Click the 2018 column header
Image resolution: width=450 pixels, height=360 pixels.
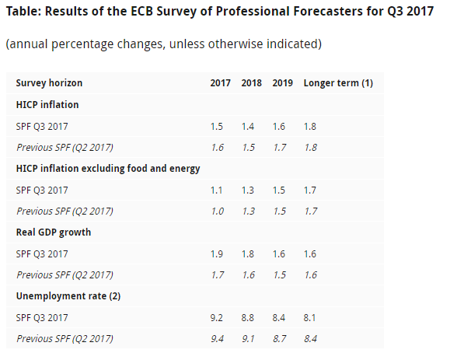point(251,83)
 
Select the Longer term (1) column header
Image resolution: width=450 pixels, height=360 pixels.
point(338,83)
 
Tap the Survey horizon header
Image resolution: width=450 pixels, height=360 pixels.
point(49,83)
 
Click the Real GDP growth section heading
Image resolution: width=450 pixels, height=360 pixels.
point(54,232)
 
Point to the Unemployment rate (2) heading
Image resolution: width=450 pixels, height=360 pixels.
point(68,296)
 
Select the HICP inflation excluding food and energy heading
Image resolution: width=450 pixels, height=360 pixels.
point(108,169)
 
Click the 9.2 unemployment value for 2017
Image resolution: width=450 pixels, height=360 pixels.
point(216,318)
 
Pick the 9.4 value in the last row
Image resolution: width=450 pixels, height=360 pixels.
point(218,339)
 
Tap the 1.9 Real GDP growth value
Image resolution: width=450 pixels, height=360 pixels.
point(217,254)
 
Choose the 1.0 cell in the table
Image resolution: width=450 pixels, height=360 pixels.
point(218,211)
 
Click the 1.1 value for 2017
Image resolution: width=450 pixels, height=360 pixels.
point(216,190)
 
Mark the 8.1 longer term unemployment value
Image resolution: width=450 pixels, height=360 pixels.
point(309,318)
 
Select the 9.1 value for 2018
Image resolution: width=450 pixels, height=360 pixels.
point(248,339)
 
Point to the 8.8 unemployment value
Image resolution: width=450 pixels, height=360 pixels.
point(248,318)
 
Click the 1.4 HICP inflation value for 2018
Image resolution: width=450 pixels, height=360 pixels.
point(248,127)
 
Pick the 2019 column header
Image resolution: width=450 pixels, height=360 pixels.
point(283,83)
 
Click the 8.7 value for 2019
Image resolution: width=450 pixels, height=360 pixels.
point(280,339)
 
